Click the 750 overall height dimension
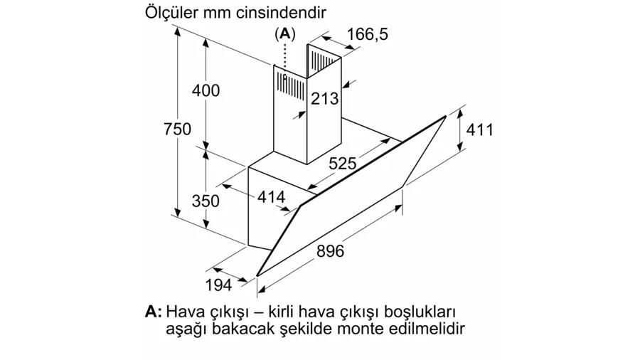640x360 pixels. point(178,129)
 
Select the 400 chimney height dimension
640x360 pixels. point(206,90)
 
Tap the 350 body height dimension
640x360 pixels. point(206,201)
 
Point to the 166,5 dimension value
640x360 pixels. point(368,34)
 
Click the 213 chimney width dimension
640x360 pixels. point(325,98)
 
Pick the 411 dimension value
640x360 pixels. point(479,129)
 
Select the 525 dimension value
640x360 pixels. point(343,163)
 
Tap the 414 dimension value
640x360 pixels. point(272,198)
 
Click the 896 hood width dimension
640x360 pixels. point(330,250)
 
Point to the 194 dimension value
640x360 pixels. point(218,285)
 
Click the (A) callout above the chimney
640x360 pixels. point(285,33)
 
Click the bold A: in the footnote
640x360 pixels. point(154,312)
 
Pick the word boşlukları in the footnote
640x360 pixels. point(420,312)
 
